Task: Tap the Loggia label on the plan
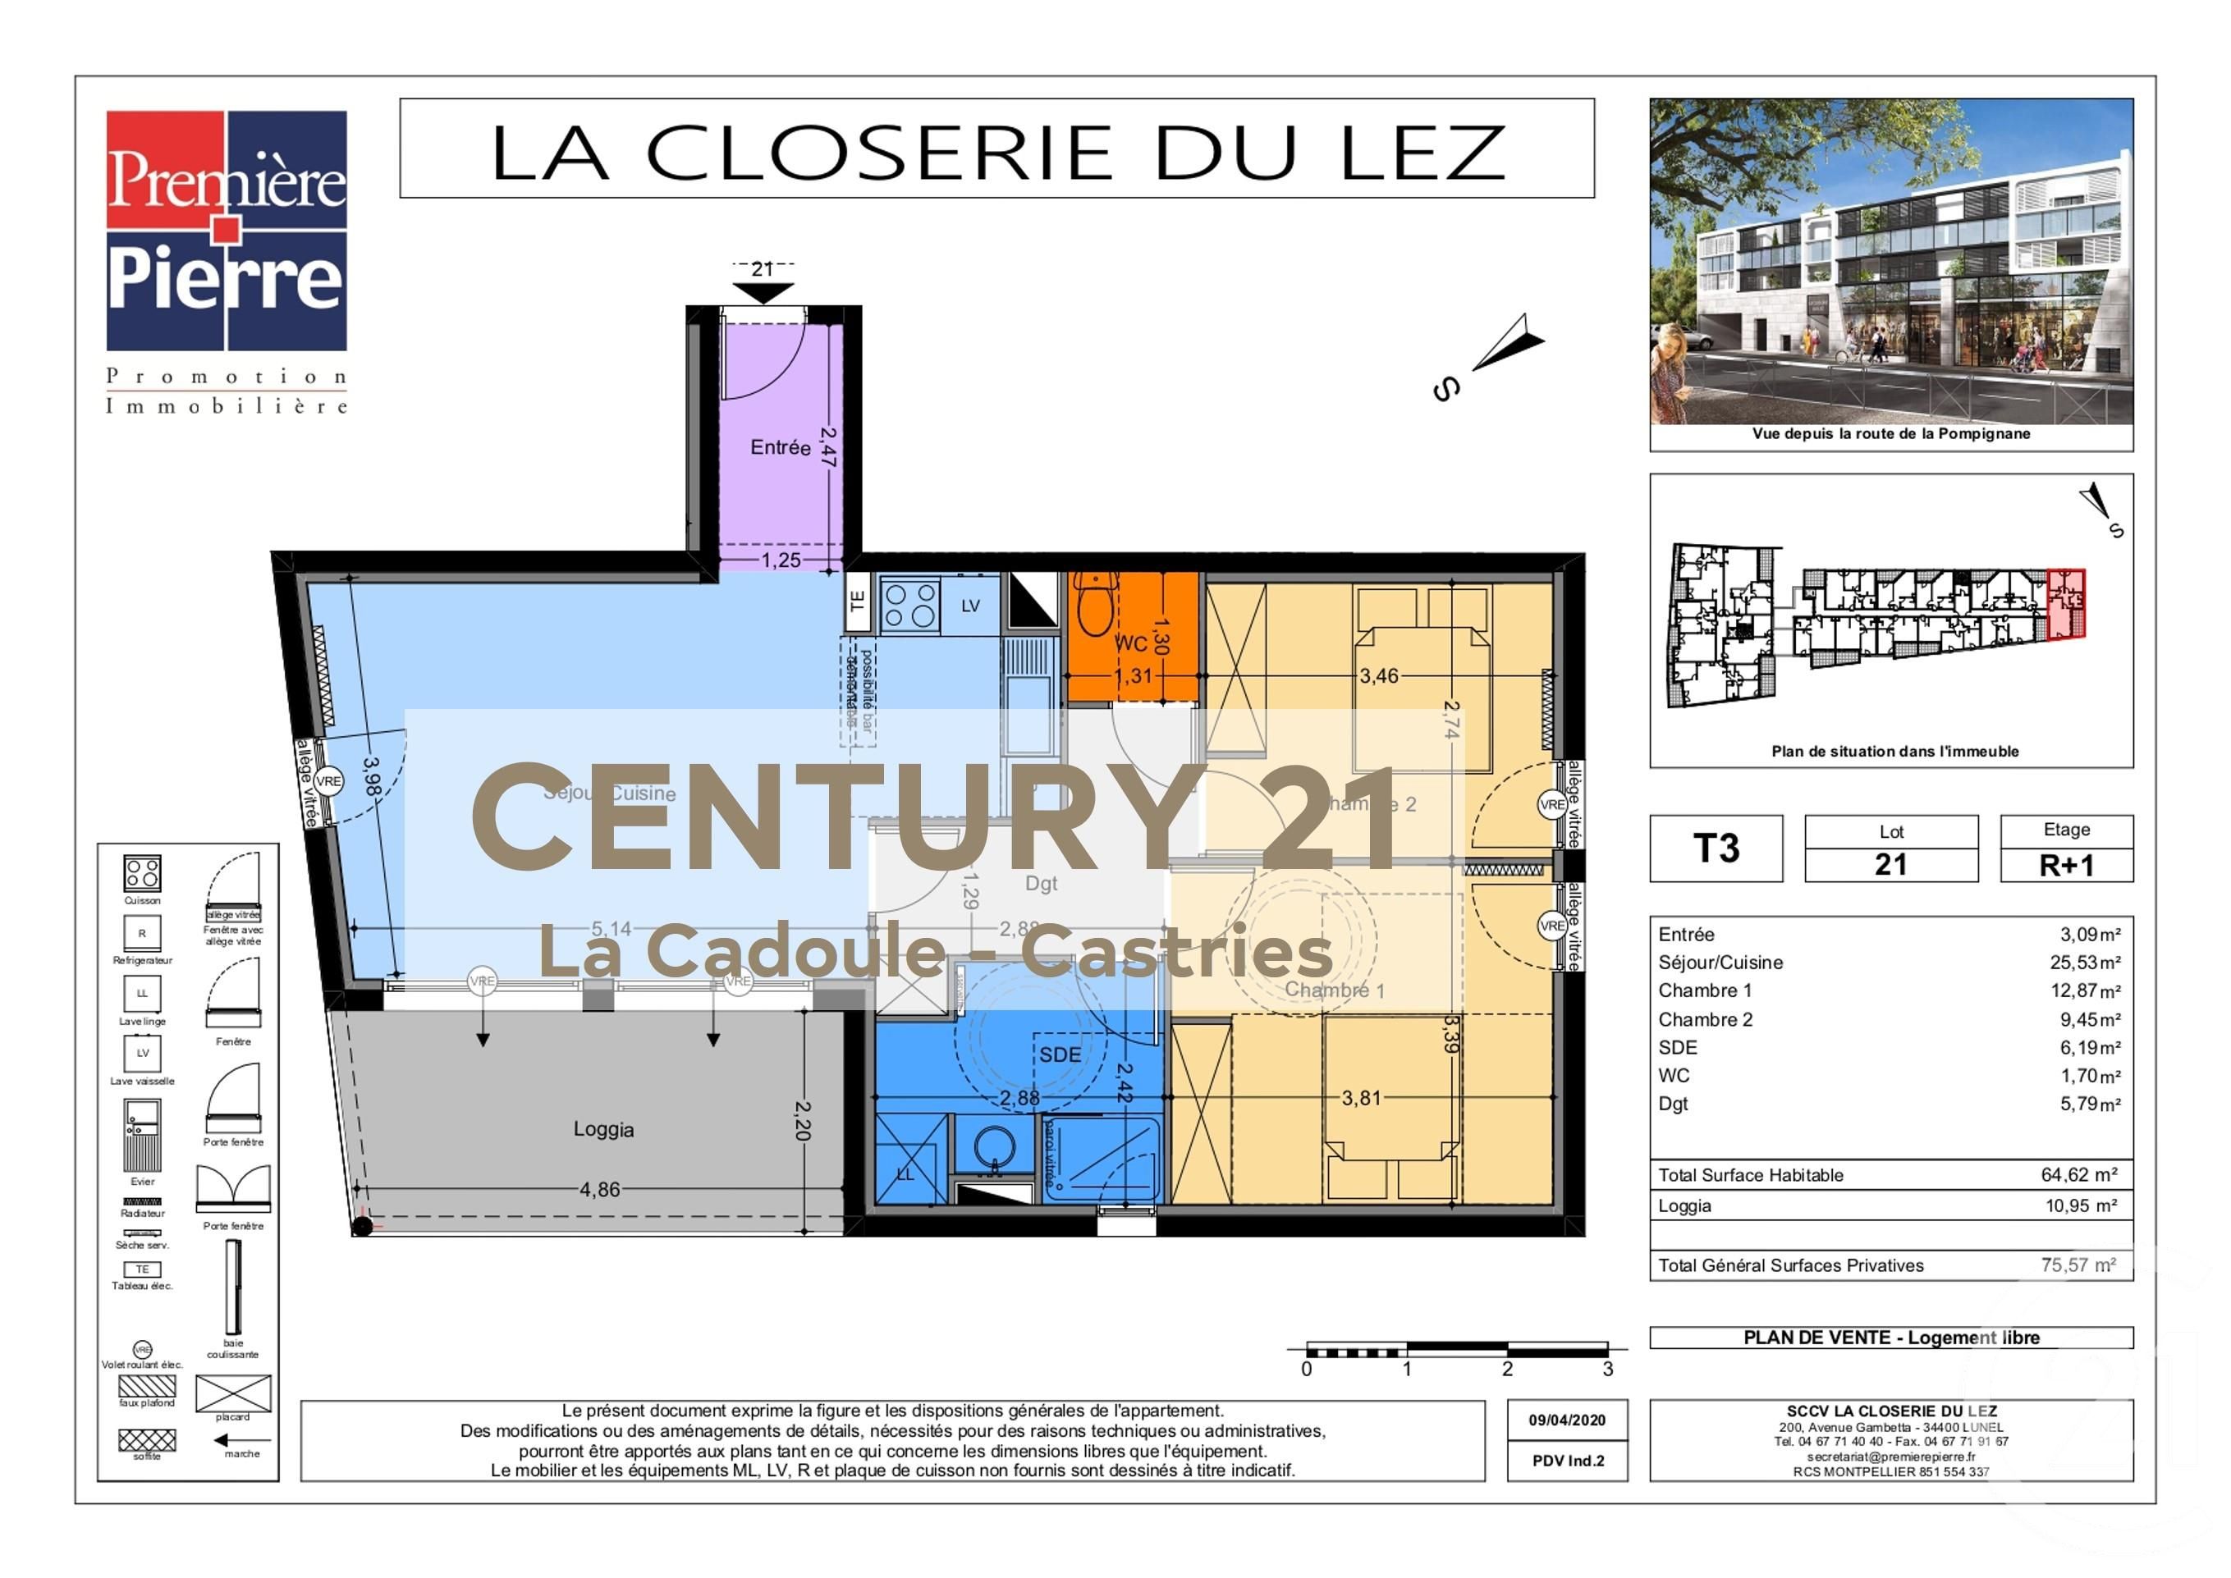point(603,1129)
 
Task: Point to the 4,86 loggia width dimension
point(599,1189)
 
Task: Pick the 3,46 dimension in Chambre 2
point(1379,676)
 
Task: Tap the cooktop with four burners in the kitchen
point(910,606)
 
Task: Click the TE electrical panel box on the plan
point(857,601)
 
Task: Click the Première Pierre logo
point(227,231)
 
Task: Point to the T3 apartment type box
point(1716,848)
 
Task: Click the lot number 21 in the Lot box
point(1891,865)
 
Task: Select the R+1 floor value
point(2066,865)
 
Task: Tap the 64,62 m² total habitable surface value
point(2078,1175)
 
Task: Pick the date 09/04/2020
point(1566,1420)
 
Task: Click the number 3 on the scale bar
point(1607,1369)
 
